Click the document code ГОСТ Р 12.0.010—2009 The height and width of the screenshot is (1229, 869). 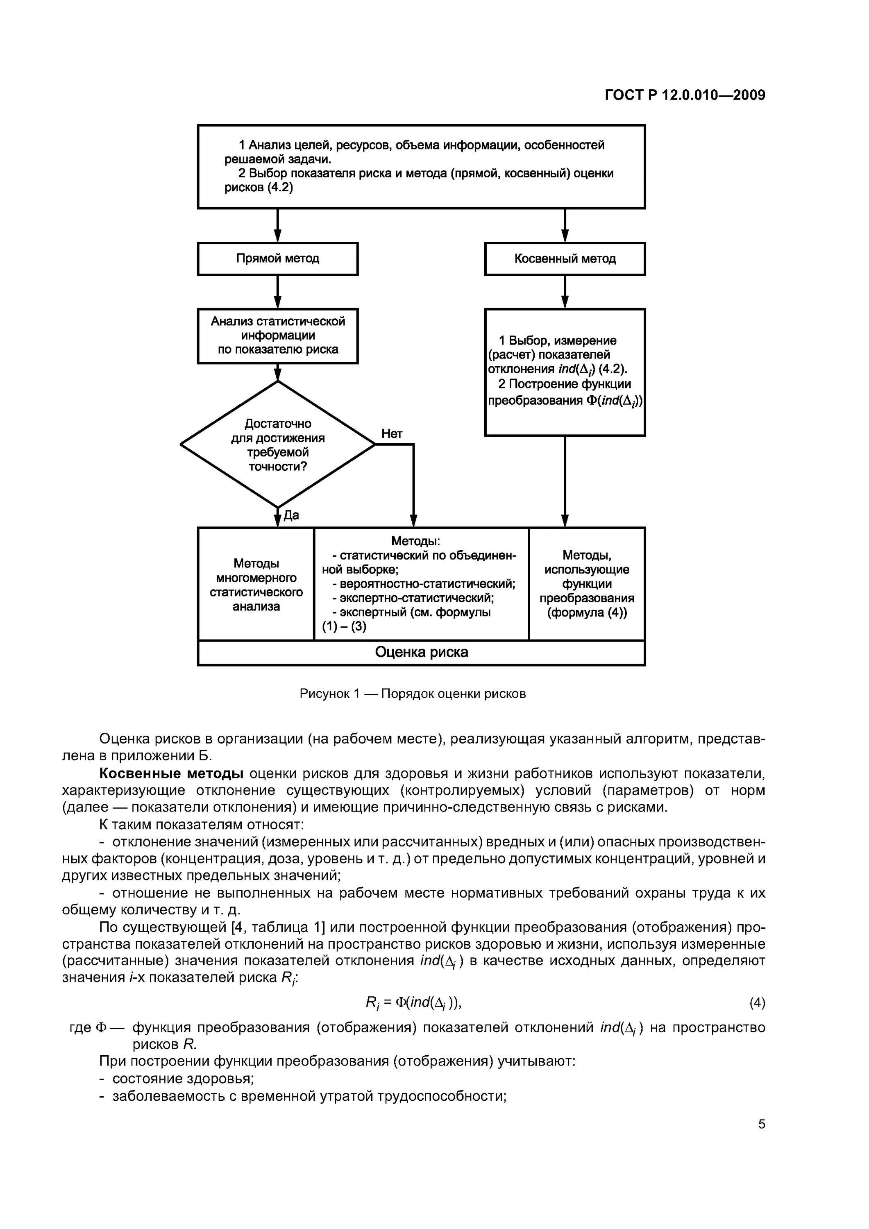[x=685, y=95]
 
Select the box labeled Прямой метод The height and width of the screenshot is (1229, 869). [x=277, y=258]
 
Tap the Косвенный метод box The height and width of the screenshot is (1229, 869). [x=565, y=258]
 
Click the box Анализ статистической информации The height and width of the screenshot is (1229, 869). [x=277, y=336]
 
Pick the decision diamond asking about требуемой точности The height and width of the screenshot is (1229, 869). [x=277, y=444]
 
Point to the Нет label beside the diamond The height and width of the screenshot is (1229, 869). [x=392, y=433]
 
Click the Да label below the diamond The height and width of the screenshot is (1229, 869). [x=291, y=515]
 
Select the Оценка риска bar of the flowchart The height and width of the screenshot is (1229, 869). [x=421, y=652]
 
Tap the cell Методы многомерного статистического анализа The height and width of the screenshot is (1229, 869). [x=256, y=585]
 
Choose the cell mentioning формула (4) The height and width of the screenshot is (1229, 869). [x=587, y=584]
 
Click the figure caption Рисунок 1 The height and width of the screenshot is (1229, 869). [x=412, y=694]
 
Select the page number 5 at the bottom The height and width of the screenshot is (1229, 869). [x=761, y=1124]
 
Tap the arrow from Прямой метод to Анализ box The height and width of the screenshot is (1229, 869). [x=277, y=292]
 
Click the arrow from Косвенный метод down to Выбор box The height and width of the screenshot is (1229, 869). [x=565, y=292]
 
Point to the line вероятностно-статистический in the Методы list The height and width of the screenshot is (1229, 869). [x=423, y=583]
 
